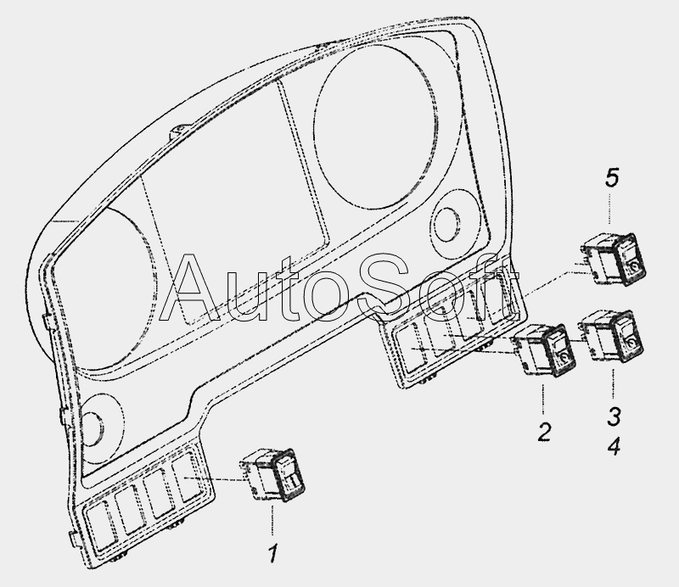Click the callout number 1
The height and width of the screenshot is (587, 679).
[272, 553]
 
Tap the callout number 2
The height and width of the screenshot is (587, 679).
[544, 431]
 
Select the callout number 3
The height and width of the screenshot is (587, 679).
[614, 416]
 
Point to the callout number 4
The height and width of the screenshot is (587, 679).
[614, 445]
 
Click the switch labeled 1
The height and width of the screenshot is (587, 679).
[272, 475]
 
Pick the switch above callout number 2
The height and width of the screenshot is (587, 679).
[544, 349]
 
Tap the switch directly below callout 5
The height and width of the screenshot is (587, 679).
[614, 259]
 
